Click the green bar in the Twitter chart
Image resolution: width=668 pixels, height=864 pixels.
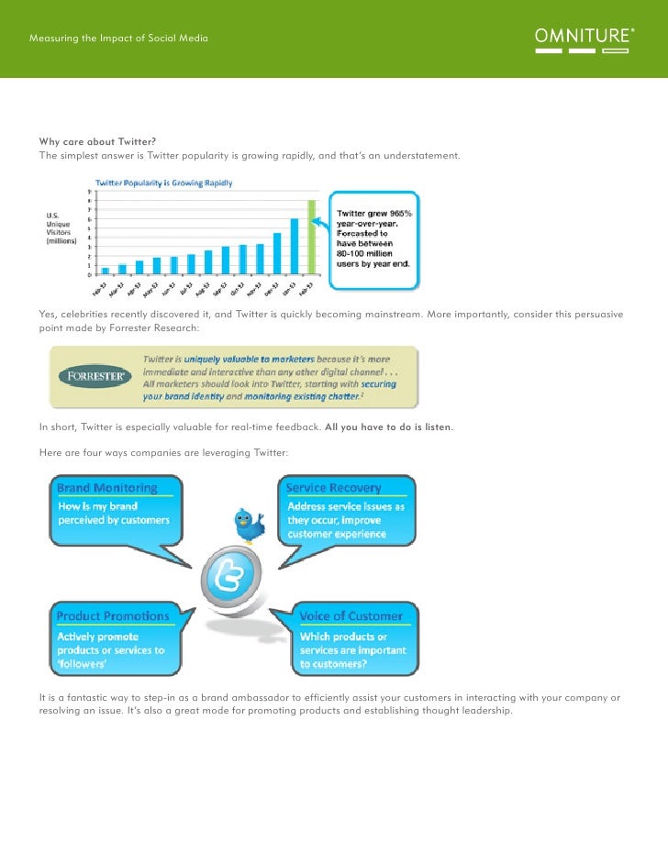tap(312, 237)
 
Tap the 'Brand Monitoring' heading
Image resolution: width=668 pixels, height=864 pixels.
tap(107, 488)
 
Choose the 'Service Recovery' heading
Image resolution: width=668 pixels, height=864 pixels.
tap(333, 488)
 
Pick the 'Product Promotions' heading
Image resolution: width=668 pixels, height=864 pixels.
tap(113, 615)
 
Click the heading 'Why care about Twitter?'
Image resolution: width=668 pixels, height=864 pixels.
tap(97, 141)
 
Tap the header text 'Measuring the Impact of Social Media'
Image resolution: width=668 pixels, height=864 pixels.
tap(118, 39)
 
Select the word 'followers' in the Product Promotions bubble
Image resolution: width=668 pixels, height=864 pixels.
tap(82, 663)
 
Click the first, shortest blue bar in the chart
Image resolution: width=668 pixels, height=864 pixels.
tap(106, 271)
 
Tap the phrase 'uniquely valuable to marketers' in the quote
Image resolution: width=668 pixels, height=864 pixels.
tap(249, 360)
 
